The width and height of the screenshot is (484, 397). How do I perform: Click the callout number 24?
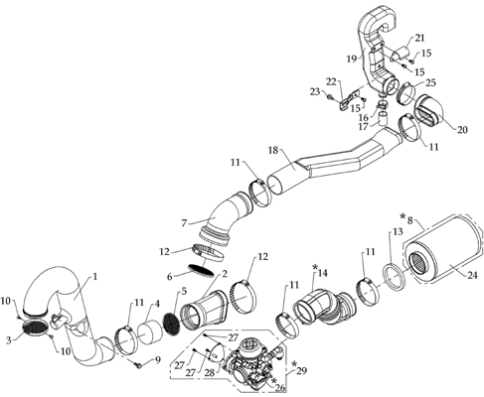pyautogui.click(x=473, y=275)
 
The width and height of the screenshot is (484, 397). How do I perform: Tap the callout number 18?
pyautogui.click(x=273, y=150)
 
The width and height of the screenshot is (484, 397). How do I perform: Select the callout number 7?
pyautogui.click(x=184, y=223)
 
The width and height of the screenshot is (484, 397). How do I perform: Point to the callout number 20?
pyautogui.click(x=462, y=130)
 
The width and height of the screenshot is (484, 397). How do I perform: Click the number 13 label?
pyautogui.click(x=398, y=231)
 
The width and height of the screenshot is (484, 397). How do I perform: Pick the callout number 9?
pyautogui.click(x=157, y=359)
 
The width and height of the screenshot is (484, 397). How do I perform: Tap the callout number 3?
pyautogui.click(x=10, y=339)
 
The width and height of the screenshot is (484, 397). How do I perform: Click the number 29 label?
pyautogui.click(x=301, y=370)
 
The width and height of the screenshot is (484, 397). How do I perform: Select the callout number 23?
pyautogui.click(x=315, y=91)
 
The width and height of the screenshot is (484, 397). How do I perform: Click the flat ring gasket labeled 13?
pyautogui.click(x=395, y=276)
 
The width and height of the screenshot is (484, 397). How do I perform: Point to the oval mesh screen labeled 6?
pyautogui.click(x=201, y=269)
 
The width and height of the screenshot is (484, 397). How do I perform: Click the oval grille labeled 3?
pyautogui.click(x=35, y=327)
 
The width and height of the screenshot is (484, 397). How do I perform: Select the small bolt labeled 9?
pyautogui.click(x=138, y=365)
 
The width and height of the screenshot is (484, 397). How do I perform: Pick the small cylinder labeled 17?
pyautogui.click(x=384, y=119)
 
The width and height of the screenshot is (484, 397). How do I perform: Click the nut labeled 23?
pyautogui.click(x=330, y=97)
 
